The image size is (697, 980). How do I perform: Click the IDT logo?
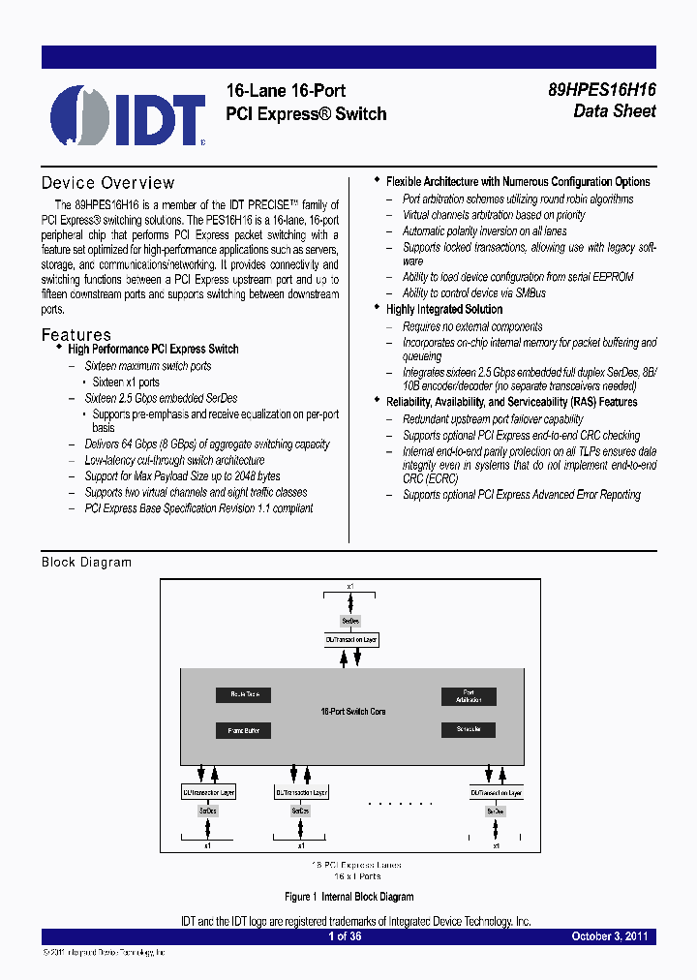point(128,114)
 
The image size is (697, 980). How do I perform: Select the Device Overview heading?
point(107,183)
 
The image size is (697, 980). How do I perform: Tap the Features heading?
point(76,334)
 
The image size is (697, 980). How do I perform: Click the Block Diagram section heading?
point(86,563)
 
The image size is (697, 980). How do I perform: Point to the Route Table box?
point(243,695)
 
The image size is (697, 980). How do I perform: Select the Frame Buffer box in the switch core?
point(243,730)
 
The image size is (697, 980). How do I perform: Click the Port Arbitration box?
point(469,696)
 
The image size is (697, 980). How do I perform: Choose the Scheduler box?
point(469,729)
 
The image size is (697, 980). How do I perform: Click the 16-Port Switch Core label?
point(352,712)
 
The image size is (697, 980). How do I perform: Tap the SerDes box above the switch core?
point(350,620)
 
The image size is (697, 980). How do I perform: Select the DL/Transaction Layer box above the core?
point(350,640)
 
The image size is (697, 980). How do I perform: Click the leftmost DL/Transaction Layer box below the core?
point(208,792)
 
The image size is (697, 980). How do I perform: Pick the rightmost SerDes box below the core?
point(496,811)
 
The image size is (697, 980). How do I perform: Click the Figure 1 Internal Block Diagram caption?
point(349,897)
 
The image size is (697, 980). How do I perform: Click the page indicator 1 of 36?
point(345,936)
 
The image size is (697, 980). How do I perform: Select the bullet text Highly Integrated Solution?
point(444,309)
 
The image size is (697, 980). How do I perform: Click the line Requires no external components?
point(472,326)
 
